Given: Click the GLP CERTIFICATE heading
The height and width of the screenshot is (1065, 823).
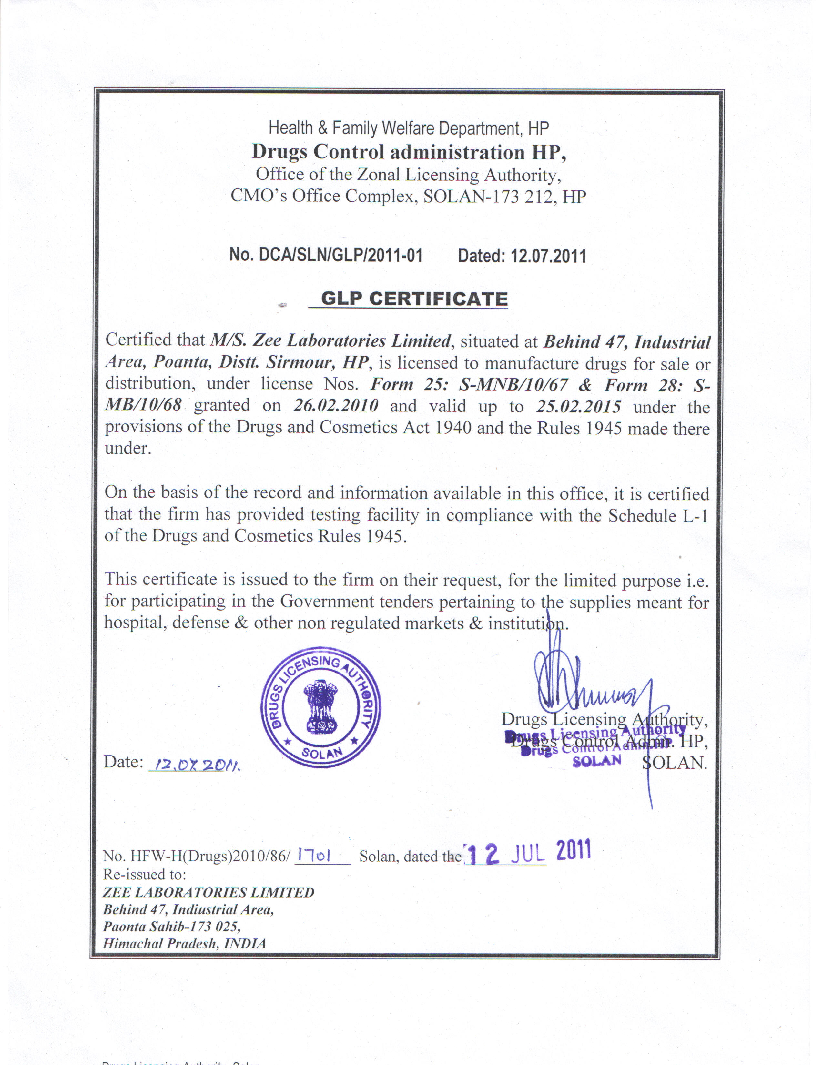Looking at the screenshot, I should pos(414,299).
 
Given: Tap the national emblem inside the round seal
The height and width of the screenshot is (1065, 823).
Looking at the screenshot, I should pos(320,707).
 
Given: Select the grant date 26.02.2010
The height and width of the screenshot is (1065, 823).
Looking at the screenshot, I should pos(336,406).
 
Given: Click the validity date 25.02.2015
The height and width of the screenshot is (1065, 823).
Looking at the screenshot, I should pos(578,407).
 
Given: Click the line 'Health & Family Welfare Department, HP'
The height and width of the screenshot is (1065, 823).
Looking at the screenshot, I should pos(409,128).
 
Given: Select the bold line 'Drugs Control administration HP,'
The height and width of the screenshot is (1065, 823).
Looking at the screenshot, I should pos(409,152).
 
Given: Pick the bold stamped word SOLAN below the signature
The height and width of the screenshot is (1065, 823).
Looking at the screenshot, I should pos(597,761).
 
